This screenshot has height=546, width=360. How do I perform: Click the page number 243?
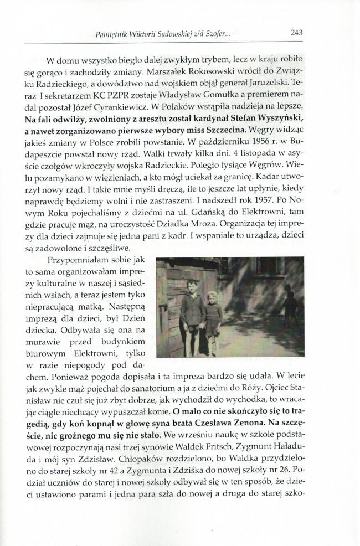(296, 33)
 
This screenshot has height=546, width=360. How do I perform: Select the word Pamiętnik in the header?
(113, 34)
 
